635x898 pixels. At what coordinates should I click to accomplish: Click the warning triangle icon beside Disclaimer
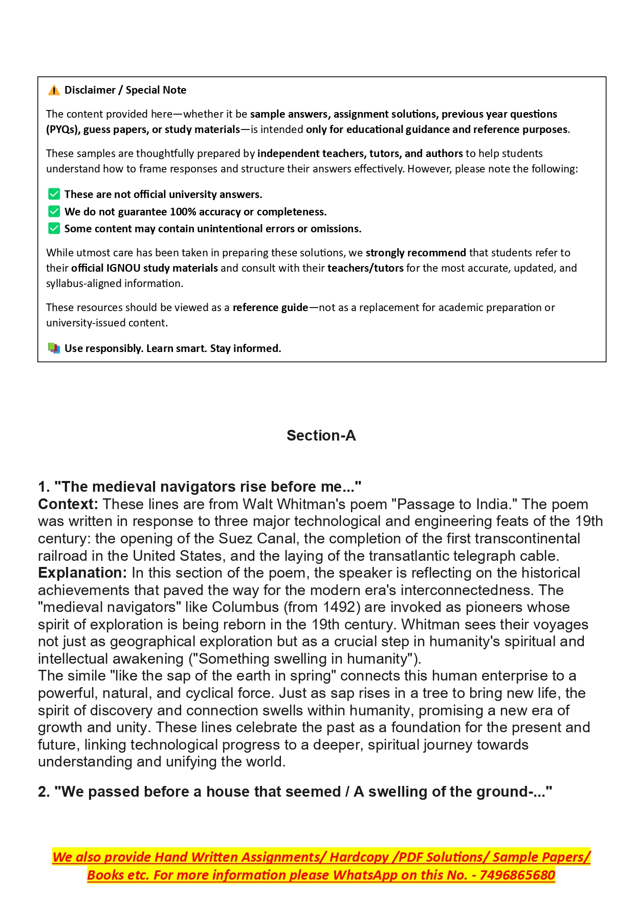click(54, 91)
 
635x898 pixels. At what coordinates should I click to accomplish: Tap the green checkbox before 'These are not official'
click(54, 194)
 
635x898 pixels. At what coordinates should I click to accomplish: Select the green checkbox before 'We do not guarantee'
click(54, 212)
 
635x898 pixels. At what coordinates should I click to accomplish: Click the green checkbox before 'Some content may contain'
click(54, 229)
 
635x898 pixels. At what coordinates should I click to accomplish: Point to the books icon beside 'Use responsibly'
click(54, 348)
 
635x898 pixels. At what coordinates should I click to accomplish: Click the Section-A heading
click(321, 435)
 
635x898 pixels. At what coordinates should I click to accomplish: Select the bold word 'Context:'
click(68, 505)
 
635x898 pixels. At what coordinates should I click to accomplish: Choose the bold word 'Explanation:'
click(82, 573)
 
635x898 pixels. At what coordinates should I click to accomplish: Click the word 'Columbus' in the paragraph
click(245, 607)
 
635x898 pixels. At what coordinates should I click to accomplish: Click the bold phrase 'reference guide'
click(270, 308)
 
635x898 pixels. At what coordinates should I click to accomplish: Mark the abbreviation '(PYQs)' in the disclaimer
click(63, 129)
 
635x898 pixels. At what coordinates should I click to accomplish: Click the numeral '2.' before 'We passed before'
click(44, 792)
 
